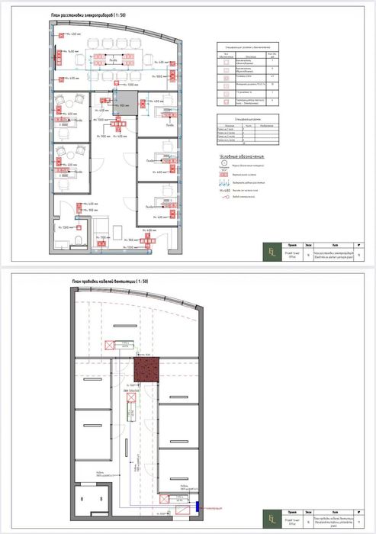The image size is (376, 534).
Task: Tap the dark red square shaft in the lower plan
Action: [146, 371]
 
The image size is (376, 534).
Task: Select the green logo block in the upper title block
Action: [272, 252]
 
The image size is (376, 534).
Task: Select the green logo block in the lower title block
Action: [272, 520]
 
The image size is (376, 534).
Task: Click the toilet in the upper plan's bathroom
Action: [80, 243]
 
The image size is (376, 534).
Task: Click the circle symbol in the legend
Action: [225, 166]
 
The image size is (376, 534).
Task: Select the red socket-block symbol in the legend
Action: [226, 175]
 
